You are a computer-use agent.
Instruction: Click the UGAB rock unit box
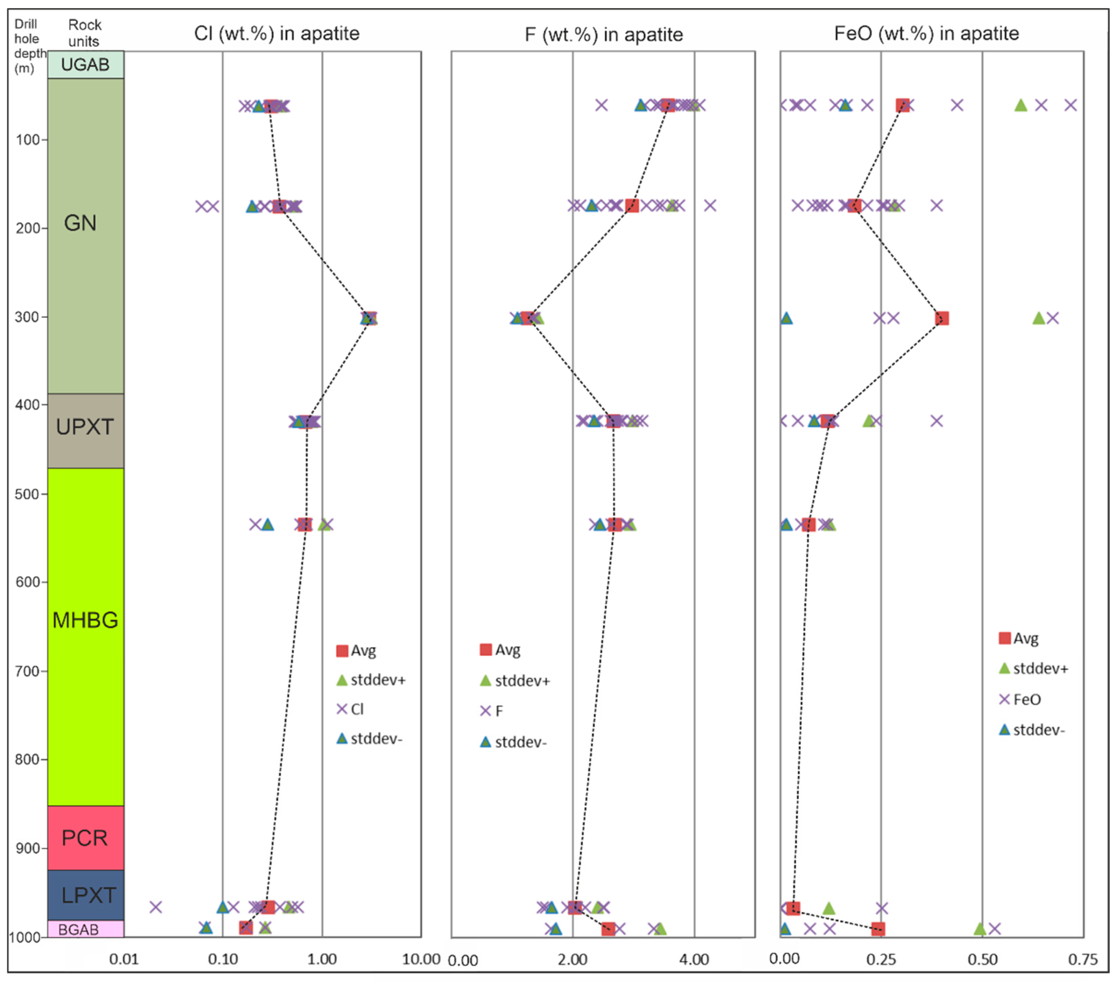click(86, 64)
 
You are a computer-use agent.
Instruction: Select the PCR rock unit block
click(86, 838)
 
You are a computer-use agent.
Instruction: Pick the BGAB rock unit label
click(79, 929)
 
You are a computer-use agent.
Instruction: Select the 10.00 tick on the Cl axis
click(421, 959)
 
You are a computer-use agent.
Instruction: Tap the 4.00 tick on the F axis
click(694, 959)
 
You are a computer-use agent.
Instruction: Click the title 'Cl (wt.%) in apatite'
click(276, 34)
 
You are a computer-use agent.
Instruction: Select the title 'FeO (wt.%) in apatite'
click(926, 34)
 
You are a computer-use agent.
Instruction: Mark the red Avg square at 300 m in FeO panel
click(941, 318)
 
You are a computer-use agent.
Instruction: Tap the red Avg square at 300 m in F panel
click(527, 318)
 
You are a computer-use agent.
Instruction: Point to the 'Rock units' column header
click(85, 33)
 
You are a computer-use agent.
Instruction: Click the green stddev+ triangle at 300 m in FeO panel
click(1039, 318)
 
